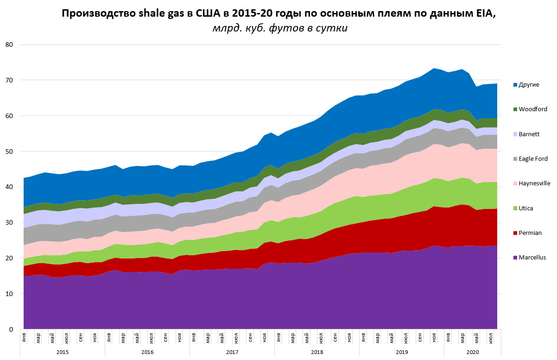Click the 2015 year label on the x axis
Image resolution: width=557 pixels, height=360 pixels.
tap(63, 352)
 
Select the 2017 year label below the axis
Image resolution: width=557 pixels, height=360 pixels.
tap(232, 352)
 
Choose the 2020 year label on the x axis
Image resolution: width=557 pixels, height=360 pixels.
tap(473, 352)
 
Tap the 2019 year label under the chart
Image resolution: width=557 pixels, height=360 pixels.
tap(401, 352)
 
